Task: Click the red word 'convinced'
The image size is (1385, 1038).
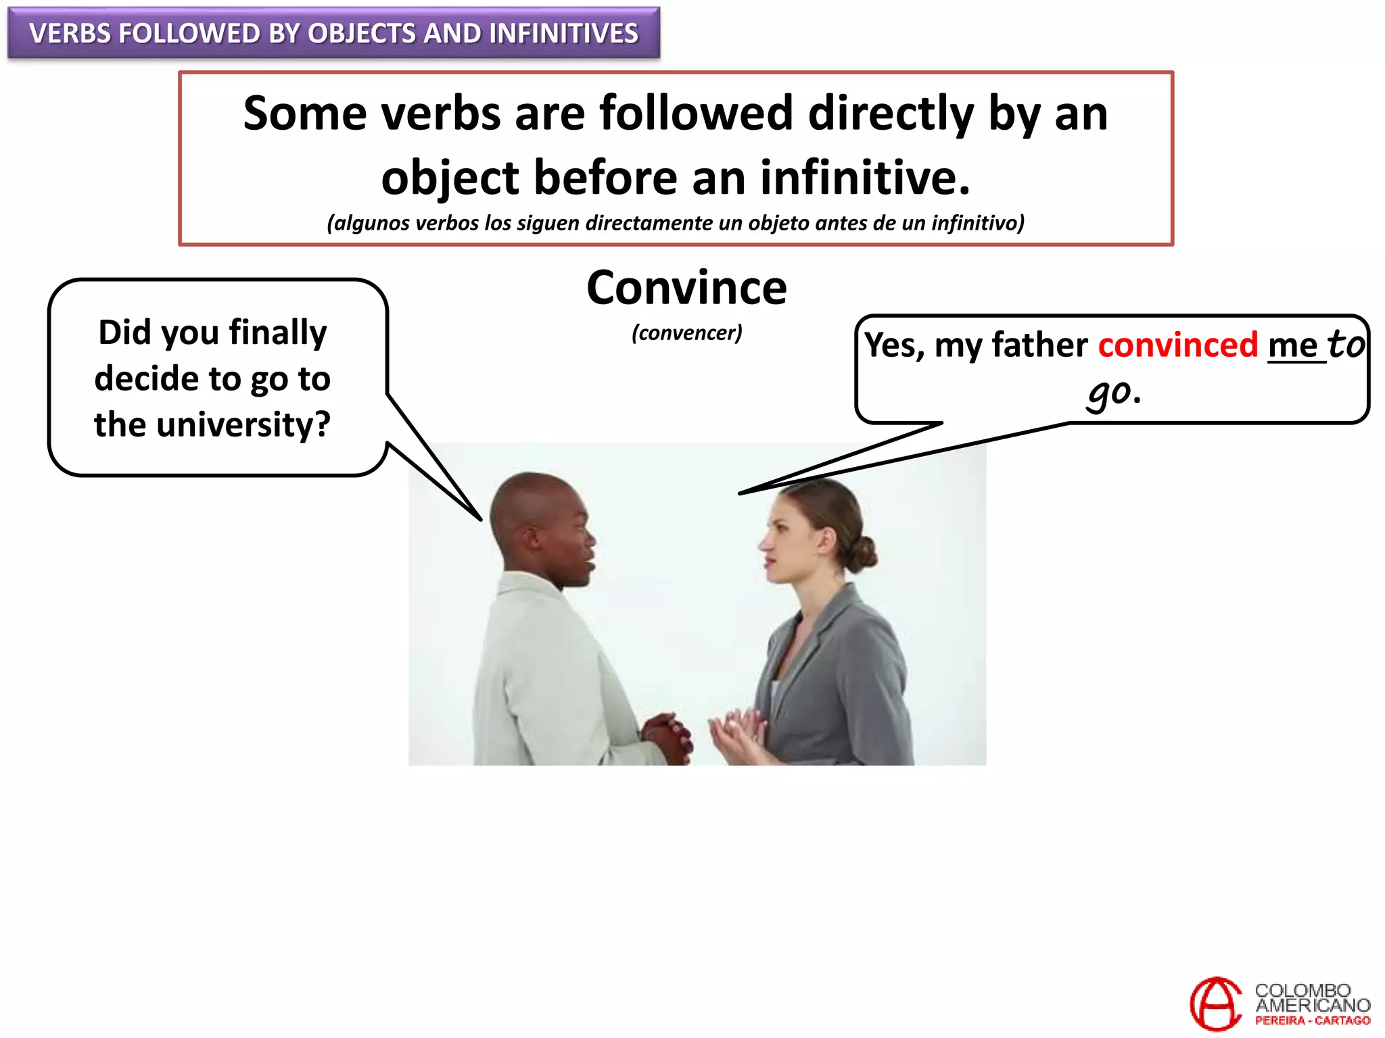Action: [x=1177, y=345]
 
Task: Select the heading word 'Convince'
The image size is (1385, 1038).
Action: [x=686, y=288]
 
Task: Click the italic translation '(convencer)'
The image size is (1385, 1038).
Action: [x=686, y=332]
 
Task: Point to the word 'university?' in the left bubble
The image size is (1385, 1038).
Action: [x=243, y=425]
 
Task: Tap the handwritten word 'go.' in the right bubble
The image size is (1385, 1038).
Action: [x=1114, y=392]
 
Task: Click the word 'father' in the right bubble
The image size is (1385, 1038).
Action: [x=1039, y=345]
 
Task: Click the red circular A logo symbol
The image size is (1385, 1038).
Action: [x=1215, y=1004]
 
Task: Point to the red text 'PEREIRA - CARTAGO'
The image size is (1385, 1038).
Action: [x=1312, y=1021]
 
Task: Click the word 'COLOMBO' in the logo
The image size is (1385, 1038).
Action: [x=1302, y=991]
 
